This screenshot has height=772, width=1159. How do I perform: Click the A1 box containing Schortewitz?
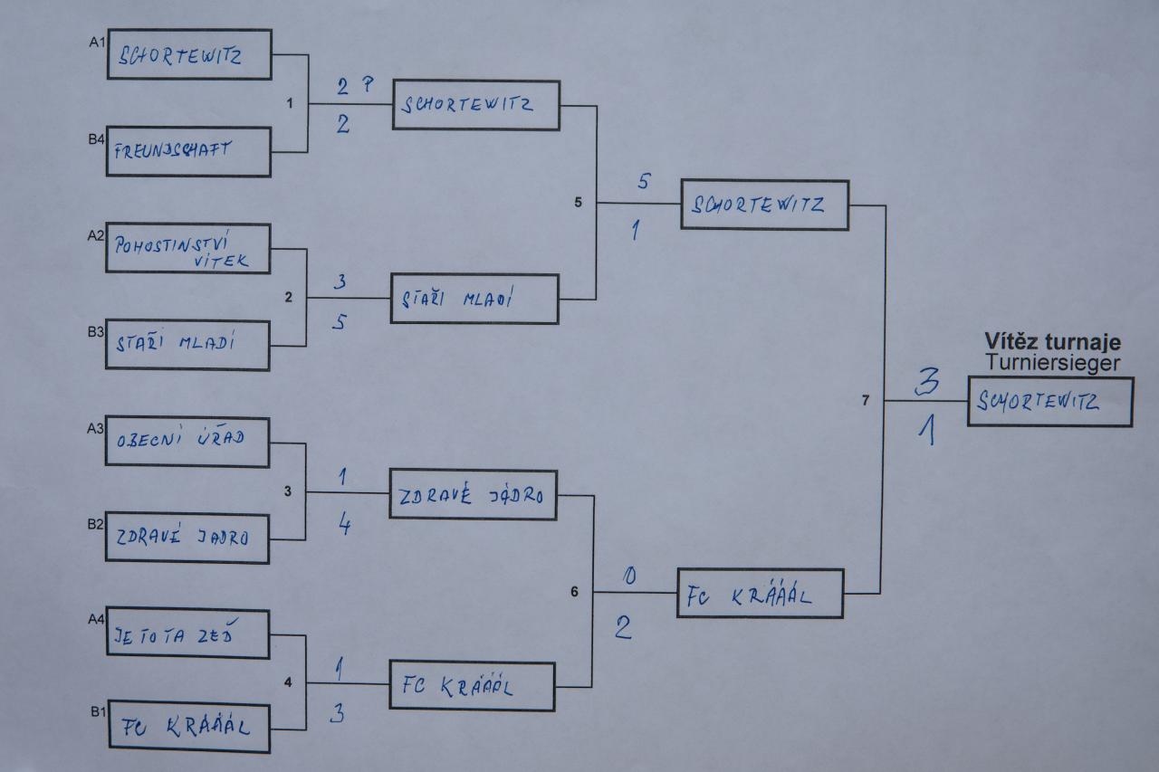tap(189, 54)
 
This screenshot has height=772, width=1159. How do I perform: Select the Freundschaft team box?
tap(189, 151)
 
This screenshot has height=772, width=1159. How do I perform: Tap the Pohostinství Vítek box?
tap(188, 249)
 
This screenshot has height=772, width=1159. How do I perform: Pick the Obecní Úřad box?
tap(187, 441)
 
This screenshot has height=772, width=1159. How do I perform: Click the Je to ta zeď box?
tap(187, 634)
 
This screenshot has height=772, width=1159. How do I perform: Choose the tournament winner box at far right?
tap(1049, 402)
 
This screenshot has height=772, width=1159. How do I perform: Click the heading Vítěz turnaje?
tap(1052, 342)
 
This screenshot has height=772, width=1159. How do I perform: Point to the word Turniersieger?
tap(1052, 362)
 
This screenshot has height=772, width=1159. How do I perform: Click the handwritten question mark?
tap(368, 84)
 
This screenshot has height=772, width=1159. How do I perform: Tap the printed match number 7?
tap(866, 400)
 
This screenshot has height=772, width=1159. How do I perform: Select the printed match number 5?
tap(578, 203)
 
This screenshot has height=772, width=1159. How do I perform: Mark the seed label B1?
tap(97, 711)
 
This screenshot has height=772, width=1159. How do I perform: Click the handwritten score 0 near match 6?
tap(630, 577)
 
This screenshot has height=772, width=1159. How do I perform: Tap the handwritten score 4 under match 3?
tap(344, 525)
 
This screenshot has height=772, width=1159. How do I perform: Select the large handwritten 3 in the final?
tap(925, 383)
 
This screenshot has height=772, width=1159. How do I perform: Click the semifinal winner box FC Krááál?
tap(760, 594)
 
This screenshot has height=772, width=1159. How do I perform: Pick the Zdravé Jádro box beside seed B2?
tap(187, 538)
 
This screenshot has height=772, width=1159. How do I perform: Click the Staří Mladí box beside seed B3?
tap(187, 344)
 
